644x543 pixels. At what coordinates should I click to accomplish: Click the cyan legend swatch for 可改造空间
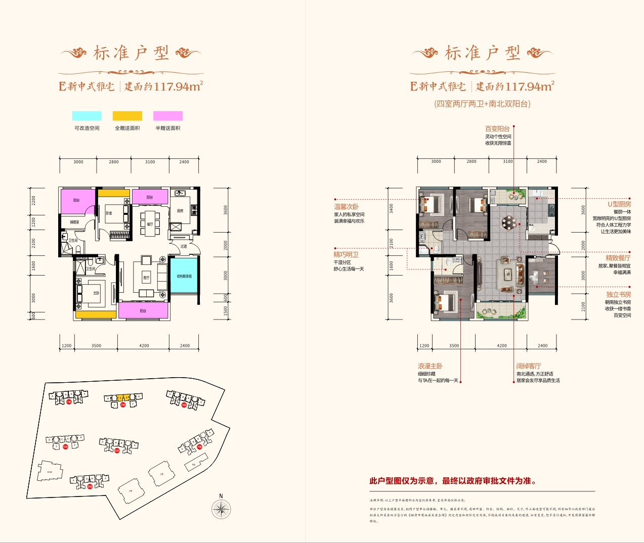click(x=87, y=116)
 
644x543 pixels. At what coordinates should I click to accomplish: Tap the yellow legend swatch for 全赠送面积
click(x=127, y=116)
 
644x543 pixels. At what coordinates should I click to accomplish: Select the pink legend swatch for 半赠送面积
click(x=168, y=116)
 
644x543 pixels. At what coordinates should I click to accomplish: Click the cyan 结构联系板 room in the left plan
click(x=184, y=276)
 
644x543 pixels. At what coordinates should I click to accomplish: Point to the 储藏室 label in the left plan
click(x=74, y=222)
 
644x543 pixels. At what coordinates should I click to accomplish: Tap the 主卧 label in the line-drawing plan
click(x=96, y=293)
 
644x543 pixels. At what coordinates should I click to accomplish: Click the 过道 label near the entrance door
click(x=184, y=246)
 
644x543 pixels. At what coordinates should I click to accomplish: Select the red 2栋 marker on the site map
click(x=123, y=405)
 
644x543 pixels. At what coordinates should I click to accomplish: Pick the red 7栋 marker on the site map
click(x=199, y=446)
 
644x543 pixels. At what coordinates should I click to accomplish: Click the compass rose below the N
click(x=221, y=509)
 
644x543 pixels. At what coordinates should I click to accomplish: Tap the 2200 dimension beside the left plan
click(x=34, y=200)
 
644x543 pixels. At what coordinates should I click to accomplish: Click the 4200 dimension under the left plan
click(x=144, y=346)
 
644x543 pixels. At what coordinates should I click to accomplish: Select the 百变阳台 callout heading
click(x=497, y=129)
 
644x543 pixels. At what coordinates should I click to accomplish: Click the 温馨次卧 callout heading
click(x=347, y=207)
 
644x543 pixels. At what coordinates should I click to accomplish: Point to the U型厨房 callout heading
click(x=619, y=204)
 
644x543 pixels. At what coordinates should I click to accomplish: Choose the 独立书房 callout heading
click(x=619, y=294)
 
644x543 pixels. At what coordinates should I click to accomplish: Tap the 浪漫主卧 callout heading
click(x=430, y=366)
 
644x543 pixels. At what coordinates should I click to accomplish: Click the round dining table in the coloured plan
click(x=509, y=221)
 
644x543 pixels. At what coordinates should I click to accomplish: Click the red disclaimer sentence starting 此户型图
click(x=453, y=481)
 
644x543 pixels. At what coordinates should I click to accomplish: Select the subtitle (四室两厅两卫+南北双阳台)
click(x=482, y=104)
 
